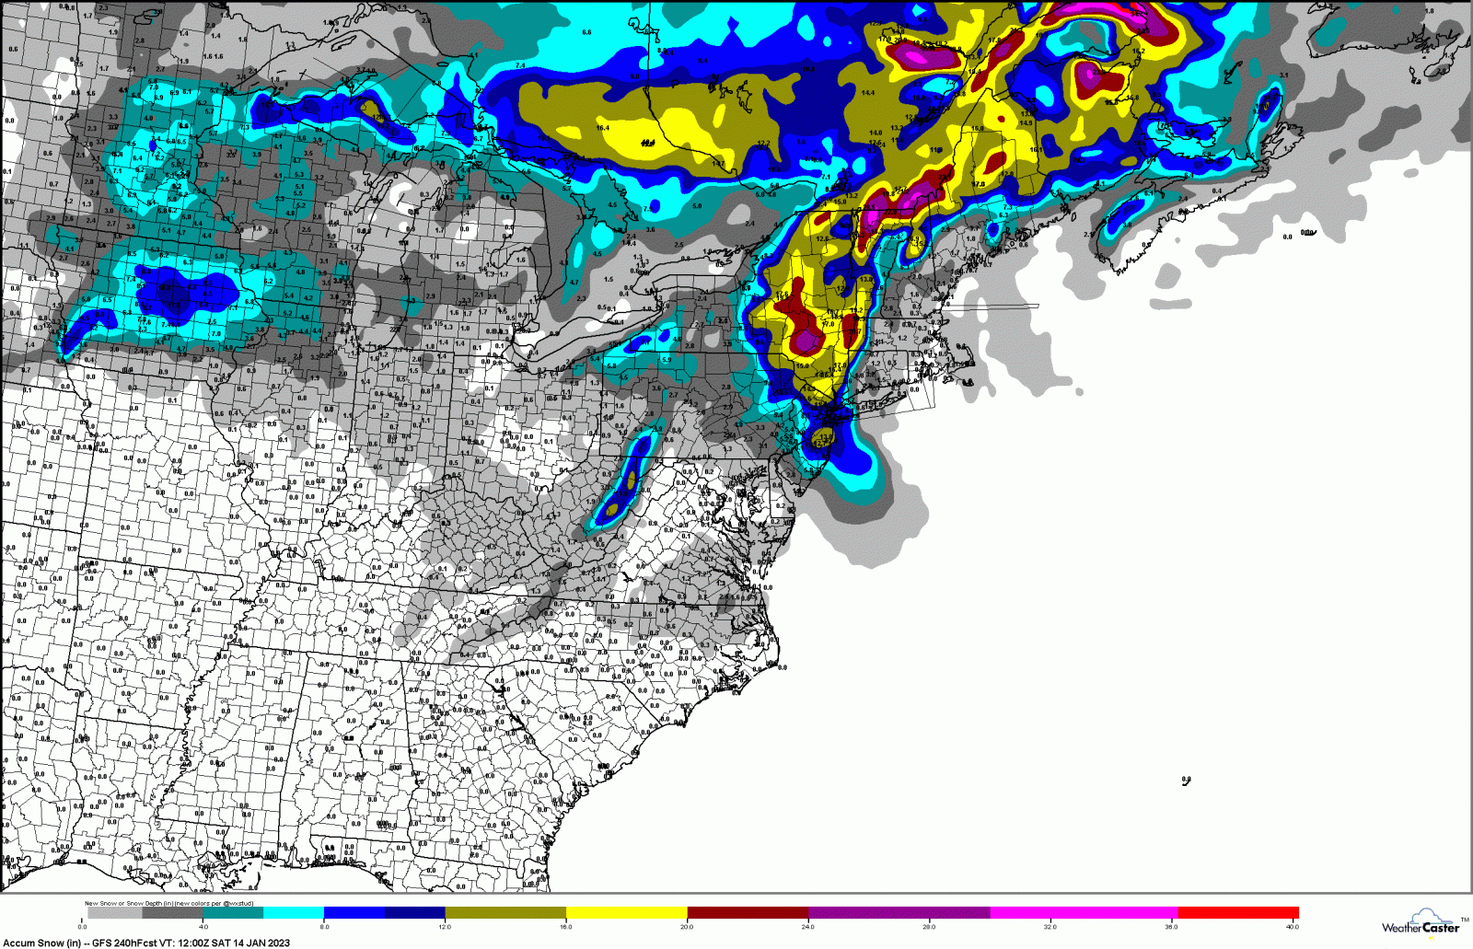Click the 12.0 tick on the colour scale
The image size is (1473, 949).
445,926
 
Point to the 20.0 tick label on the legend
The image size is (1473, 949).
687,926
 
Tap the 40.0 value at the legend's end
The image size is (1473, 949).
1292,926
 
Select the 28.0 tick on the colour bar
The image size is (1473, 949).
929,926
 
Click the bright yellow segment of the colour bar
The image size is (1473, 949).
626,913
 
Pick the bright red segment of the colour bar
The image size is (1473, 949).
1237,913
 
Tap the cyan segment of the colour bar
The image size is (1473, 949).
293,913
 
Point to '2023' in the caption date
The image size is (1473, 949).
277,943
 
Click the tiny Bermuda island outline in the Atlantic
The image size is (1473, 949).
1186,781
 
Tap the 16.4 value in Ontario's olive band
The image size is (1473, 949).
602,128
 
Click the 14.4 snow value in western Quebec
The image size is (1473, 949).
867,93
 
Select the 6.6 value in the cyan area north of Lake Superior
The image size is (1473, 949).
586,32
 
